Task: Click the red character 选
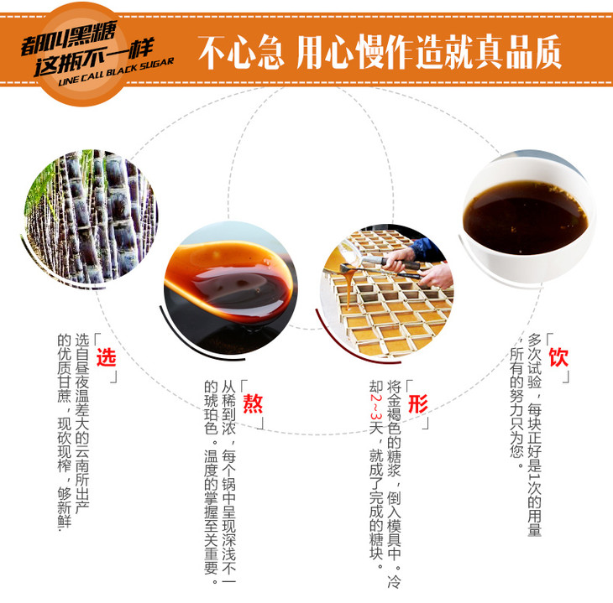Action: point(106,357)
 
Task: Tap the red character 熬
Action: point(253,403)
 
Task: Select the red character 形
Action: point(418,403)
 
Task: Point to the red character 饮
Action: point(558,357)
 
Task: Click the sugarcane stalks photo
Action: point(91,217)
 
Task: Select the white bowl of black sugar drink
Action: point(527,218)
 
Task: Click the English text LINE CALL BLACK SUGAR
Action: point(116,72)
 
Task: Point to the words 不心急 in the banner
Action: point(241,51)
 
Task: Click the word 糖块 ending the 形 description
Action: point(376,545)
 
